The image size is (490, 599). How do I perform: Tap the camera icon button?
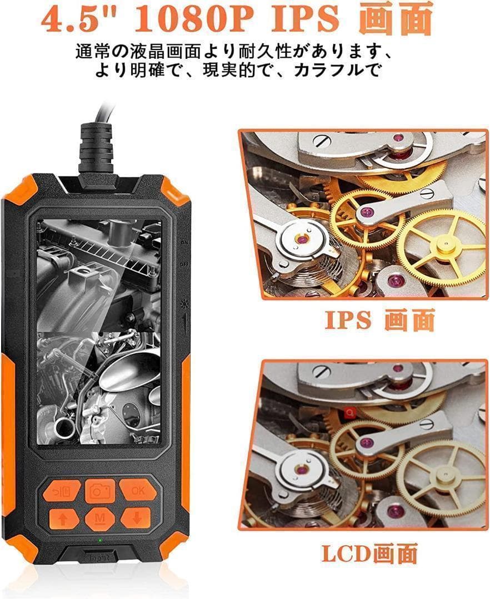101,490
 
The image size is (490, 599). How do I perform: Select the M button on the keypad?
101,519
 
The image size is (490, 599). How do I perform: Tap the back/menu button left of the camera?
63,491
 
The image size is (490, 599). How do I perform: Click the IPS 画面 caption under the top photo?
379,321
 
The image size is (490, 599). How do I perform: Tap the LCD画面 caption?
369,553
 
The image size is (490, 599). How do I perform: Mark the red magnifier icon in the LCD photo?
350,413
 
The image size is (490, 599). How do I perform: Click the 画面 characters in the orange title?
395,19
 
